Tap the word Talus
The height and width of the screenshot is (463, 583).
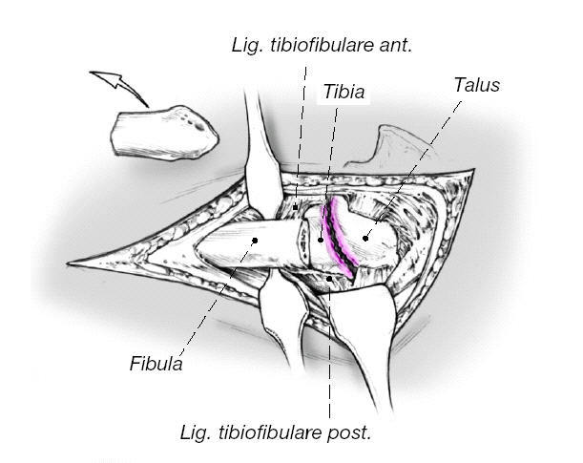(477, 86)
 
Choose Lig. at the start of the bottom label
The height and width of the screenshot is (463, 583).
(198, 432)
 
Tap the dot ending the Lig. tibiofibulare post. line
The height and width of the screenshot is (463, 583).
(328, 279)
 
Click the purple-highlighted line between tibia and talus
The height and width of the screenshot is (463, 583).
(337, 239)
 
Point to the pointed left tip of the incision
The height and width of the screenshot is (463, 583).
(71, 263)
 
